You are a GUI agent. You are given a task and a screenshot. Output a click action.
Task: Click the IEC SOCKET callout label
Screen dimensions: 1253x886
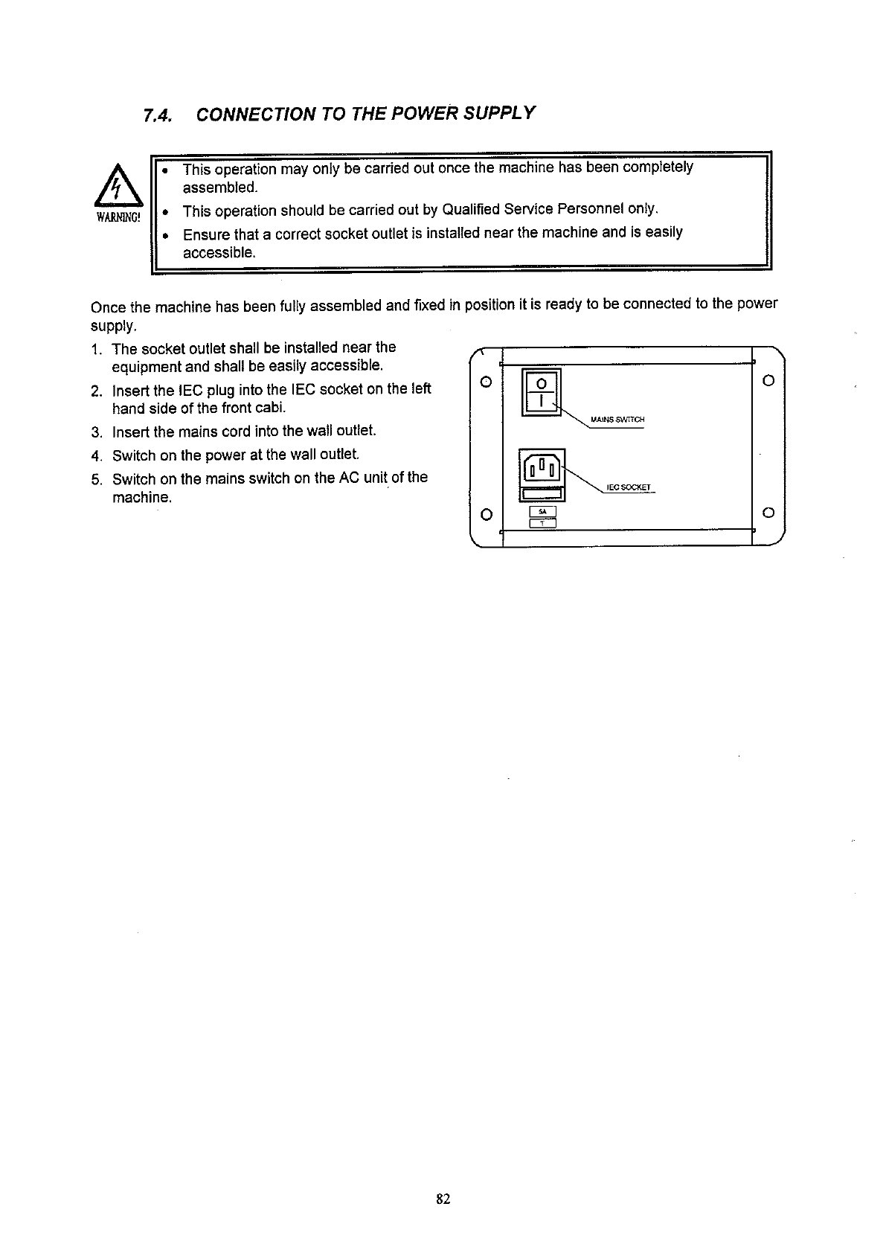pos(629,488)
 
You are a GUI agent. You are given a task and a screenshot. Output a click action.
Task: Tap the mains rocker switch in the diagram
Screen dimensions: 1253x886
pos(542,392)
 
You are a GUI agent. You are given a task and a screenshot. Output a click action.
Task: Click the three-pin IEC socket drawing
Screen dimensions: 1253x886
pos(542,468)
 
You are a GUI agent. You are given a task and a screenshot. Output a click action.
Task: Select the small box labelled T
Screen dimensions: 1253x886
pos(542,522)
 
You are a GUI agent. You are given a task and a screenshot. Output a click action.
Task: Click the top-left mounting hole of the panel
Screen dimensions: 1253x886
pos(485,382)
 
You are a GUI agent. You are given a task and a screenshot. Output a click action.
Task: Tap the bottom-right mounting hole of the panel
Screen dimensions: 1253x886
pos(769,513)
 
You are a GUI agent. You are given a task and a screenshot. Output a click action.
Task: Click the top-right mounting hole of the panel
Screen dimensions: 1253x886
pos(769,381)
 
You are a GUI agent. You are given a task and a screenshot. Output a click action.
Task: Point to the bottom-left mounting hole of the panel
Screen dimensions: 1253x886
pos(485,513)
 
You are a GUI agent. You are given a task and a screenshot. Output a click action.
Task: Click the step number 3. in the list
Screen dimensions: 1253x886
pos(96,432)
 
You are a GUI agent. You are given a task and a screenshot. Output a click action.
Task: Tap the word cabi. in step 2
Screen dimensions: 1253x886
pos(272,408)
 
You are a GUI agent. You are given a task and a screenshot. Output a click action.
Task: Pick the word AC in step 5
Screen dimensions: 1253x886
pos(350,478)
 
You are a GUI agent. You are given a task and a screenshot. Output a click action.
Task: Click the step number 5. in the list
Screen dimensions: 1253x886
pos(96,478)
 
